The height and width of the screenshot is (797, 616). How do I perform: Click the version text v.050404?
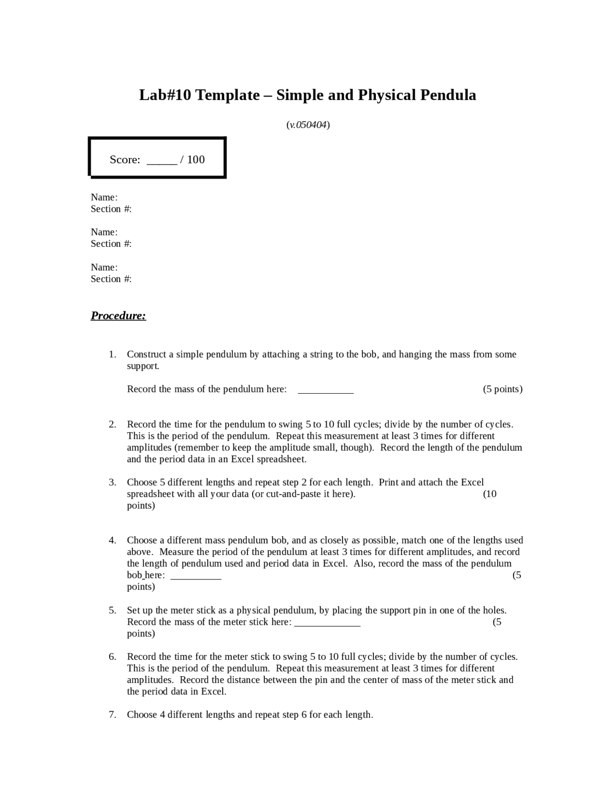pyautogui.click(x=308, y=125)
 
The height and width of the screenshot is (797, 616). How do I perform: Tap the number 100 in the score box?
pyautogui.click(x=196, y=159)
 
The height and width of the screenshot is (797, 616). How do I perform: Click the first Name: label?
pyautogui.click(x=104, y=197)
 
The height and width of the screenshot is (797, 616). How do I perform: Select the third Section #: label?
pyautogui.click(x=111, y=279)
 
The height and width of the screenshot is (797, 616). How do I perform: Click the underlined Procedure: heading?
pyautogui.click(x=118, y=316)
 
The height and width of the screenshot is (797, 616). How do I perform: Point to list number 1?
pyautogui.click(x=112, y=355)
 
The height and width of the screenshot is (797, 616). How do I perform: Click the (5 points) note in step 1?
pyautogui.click(x=502, y=389)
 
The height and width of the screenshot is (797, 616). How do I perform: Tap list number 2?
pyautogui.click(x=112, y=424)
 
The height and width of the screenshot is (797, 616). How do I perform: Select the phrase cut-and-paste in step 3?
pyautogui.click(x=297, y=494)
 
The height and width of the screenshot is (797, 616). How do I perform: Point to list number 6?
pyautogui.click(x=112, y=657)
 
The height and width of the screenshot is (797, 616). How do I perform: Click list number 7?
pyautogui.click(x=112, y=715)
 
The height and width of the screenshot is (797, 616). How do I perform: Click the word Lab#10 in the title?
pyautogui.click(x=165, y=95)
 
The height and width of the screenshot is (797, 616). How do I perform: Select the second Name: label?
pyautogui.click(x=104, y=232)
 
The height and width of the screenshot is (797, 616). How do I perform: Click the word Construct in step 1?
pyautogui.click(x=147, y=355)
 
